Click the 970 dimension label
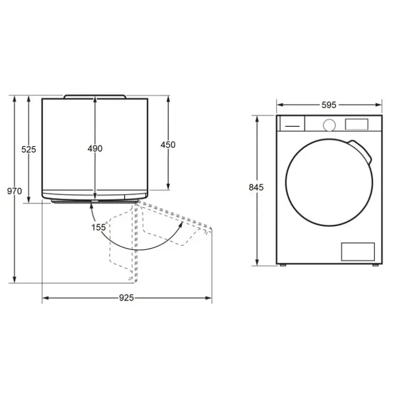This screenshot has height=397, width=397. point(14,191)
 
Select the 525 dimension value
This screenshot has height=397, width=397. point(29,149)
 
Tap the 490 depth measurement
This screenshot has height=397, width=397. point(95,148)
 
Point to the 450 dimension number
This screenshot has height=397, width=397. point(168,144)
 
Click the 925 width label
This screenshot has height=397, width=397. point(126,298)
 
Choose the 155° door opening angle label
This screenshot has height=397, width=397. point(99,227)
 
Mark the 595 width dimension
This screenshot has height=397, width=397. point(329,105)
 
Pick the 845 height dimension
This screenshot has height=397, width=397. point(256,187)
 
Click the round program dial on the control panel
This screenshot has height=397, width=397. point(329,125)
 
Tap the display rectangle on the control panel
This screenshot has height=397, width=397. point(357,124)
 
